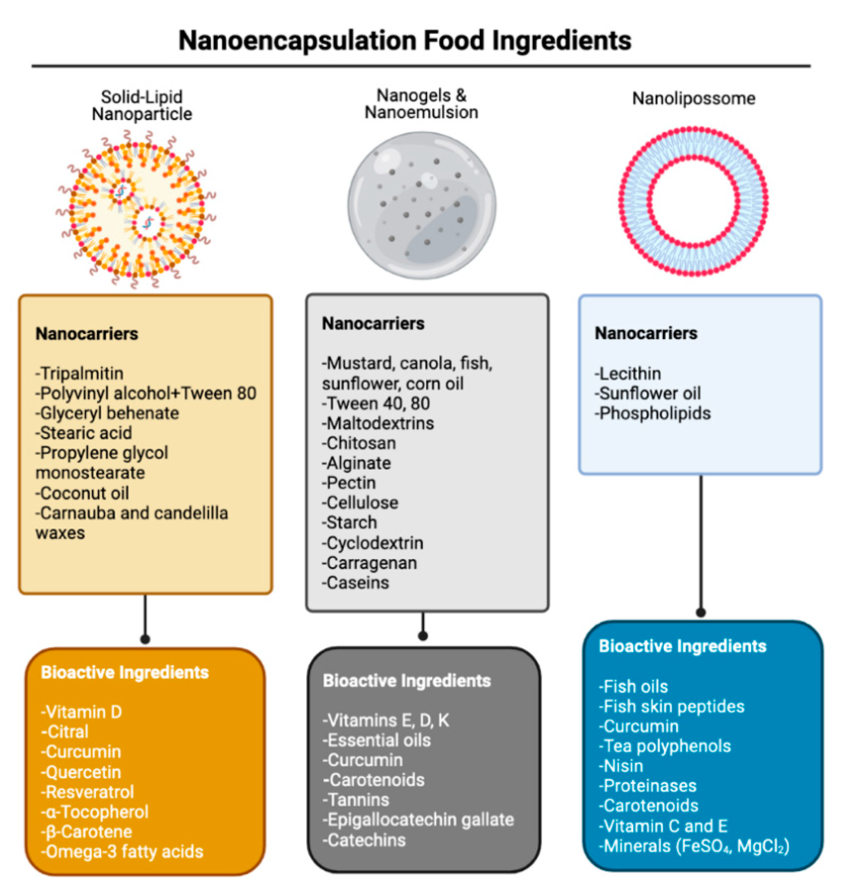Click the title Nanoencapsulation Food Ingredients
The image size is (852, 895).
405,40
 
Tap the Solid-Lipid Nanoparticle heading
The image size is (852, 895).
142,105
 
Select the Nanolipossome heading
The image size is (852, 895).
694,98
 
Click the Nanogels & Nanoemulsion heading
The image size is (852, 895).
421,104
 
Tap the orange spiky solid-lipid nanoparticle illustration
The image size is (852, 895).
136,209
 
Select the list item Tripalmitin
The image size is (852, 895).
80,373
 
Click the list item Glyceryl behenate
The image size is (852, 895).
108,413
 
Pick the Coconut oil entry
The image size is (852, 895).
83,493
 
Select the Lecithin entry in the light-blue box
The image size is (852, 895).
628,373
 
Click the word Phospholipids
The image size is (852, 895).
653,413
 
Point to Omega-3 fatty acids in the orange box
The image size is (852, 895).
122,851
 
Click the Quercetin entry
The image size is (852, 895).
81,772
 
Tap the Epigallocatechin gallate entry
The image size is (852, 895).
418,820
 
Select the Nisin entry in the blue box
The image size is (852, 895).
621,766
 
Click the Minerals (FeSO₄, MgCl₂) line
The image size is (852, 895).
694,846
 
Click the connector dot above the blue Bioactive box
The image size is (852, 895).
701,613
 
